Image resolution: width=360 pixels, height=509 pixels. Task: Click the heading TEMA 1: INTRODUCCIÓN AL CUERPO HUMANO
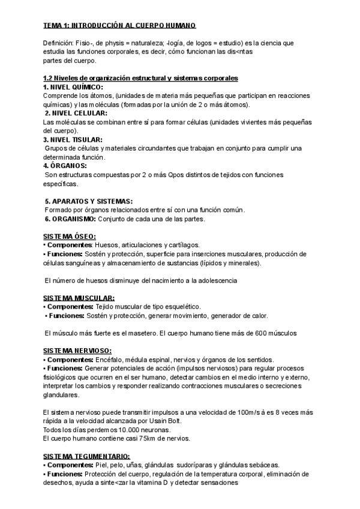point(119,25)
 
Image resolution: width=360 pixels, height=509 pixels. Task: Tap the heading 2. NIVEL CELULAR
point(76,113)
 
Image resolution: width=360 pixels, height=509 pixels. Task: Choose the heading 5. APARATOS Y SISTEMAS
point(89,200)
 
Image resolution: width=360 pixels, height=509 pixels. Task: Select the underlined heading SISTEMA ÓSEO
point(70,236)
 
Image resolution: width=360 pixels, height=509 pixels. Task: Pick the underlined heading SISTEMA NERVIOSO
point(78,351)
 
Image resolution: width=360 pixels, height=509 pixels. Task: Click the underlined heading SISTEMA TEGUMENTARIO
point(86,456)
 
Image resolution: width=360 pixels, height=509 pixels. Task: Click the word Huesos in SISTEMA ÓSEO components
point(108,245)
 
